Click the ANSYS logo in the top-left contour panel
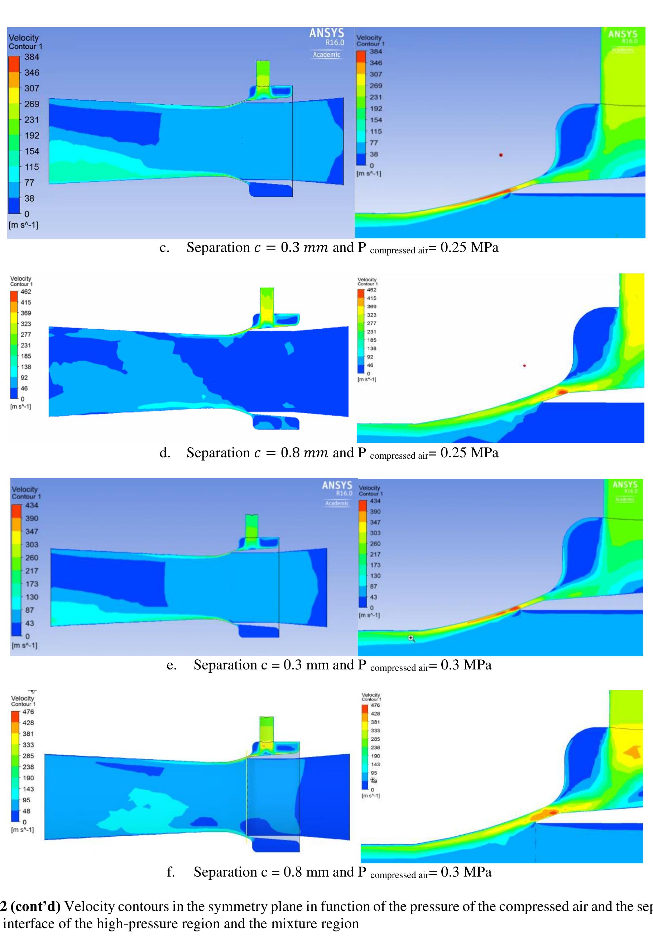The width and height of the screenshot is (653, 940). point(327,33)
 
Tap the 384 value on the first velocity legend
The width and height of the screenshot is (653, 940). point(32,57)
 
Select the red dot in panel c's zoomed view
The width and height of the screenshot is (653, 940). point(501,155)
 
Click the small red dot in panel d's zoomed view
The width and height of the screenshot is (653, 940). point(524,366)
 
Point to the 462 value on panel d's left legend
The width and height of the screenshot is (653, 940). point(26,292)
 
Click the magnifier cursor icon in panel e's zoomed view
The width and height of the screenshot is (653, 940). point(412,638)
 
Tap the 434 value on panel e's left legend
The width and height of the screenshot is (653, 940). point(32,505)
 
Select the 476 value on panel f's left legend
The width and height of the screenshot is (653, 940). point(28,712)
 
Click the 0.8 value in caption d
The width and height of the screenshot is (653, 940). point(290,453)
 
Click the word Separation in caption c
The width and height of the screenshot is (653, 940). point(218,247)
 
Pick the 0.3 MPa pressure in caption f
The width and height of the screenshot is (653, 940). point(466,872)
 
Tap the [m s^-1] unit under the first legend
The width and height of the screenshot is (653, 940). point(23,225)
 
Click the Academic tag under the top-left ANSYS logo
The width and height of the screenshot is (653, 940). point(327,54)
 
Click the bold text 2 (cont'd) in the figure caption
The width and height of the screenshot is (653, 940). point(30,906)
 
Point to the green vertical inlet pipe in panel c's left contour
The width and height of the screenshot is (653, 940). point(263,73)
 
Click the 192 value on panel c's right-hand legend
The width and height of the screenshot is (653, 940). point(376,109)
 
